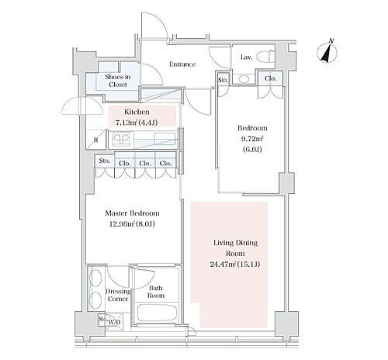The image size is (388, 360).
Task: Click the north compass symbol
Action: [327, 52]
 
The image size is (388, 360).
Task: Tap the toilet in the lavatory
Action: [266, 56]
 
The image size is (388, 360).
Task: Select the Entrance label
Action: [182, 64]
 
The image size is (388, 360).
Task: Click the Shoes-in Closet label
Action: [118, 81]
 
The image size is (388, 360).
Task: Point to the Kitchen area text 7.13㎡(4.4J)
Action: [137, 123]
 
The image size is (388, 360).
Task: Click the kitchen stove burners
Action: [121, 140]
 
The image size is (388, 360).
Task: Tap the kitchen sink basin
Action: [165, 139]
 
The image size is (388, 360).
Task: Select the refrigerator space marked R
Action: [96, 140]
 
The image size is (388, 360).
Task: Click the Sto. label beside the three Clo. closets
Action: [105, 161]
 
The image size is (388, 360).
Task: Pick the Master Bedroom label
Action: [132, 213]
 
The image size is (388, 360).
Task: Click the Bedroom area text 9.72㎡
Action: [252, 139]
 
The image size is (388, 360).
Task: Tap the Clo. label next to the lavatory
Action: [271, 78]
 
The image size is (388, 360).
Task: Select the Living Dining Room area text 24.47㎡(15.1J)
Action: [235, 265]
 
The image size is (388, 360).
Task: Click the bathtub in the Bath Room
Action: [157, 313]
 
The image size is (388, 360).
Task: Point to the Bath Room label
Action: [156, 292]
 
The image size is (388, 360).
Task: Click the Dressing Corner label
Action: [118, 295]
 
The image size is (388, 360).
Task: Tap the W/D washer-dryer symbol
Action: [114, 322]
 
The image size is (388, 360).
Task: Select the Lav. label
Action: [246, 57]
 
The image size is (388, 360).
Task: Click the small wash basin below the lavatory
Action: [244, 79]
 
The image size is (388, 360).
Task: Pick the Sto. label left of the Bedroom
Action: [223, 80]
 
